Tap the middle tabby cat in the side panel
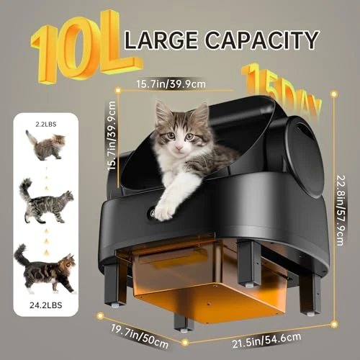tap(46, 201)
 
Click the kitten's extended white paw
tap(166, 210)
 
